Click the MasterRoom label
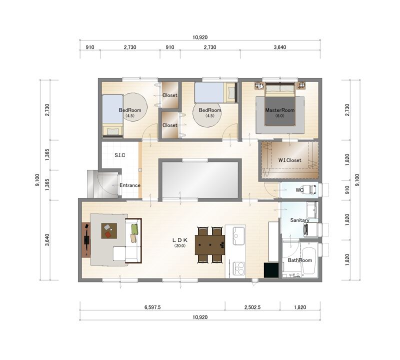click(x=279, y=110)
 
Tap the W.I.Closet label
click(x=289, y=160)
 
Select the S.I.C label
click(x=120, y=155)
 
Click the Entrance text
click(x=130, y=185)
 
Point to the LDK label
click(x=180, y=240)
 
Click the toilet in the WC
click(x=312, y=189)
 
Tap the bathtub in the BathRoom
click(x=309, y=260)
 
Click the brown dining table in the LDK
click(x=210, y=244)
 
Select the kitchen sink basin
click(x=238, y=235)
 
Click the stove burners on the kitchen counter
click(x=239, y=268)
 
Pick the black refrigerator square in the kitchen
click(x=271, y=270)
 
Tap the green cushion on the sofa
click(x=134, y=229)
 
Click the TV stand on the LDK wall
click(x=86, y=240)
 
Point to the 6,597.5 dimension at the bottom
click(x=152, y=307)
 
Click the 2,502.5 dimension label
click(x=252, y=307)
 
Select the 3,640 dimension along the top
click(x=280, y=47)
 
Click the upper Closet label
click(x=170, y=95)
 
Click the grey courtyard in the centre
click(x=200, y=179)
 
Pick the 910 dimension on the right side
click(x=347, y=189)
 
